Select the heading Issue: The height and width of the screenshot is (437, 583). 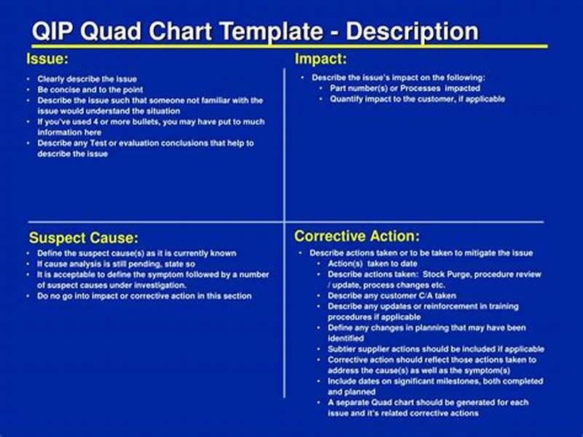pyautogui.click(x=48, y=58)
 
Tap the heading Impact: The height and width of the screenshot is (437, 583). pyautogui.click(x=320, y=58)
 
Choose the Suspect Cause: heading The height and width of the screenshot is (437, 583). pyautogui.click(x=83, y=237)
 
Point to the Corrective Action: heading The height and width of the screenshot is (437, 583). pyautogui.click(x=356, y=236)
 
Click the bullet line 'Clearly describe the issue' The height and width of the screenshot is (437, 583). pyautogui.click(x=87, y=79)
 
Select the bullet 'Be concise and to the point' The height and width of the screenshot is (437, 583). pyautogui.click(x=91, y=90)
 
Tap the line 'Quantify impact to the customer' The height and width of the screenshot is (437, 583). pyautogui.click(x=417, y=98)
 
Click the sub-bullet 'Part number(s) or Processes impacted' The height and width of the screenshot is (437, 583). pyautogui.click(x=404, y=88)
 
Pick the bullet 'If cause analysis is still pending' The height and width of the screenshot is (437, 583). pyautogui.click(x=117, y=264)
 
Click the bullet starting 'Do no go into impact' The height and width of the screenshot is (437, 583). pyautogui.click(x=144, y=296)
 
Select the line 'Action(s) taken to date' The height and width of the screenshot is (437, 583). pyautogui.click(x=372, y=263)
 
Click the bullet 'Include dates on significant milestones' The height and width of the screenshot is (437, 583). pyautogui.click(x=435, y=381)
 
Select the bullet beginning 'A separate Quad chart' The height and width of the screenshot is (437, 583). pyautogui.click(x=428, y=403)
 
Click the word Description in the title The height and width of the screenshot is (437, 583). pyautogui.click(x=412, y=31)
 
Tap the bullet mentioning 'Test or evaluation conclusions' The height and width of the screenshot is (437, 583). pyautogui.click(x=146, y=143)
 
